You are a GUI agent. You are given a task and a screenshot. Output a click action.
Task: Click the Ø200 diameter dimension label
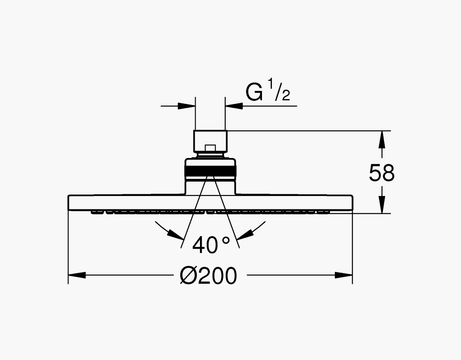(x=208, y=276)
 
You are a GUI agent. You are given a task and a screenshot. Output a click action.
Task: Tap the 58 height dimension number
(x=382, y=173)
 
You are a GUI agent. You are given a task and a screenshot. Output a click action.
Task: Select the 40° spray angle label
(x=211, y=244)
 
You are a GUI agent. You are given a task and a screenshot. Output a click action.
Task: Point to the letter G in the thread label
(x=254, y=92)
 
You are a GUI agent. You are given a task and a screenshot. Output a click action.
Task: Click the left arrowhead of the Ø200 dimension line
(x=77, y=275)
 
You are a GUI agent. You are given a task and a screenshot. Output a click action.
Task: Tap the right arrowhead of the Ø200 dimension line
(x=344, y=275)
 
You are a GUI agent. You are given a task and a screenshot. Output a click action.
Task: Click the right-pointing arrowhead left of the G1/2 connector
(x=187, y=106)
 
